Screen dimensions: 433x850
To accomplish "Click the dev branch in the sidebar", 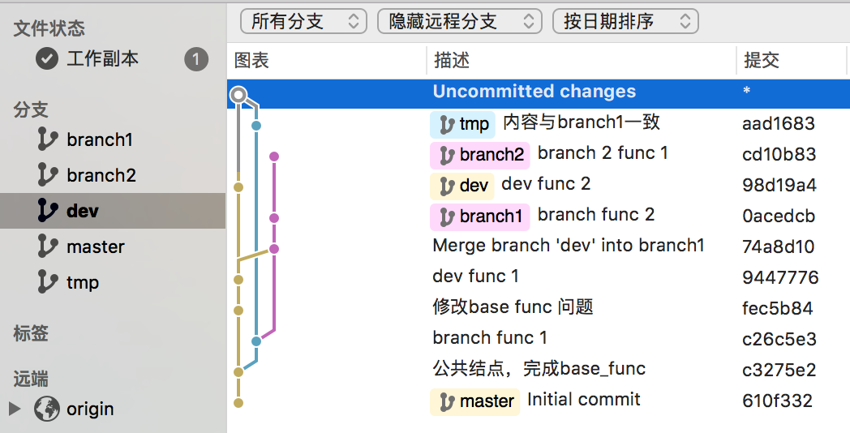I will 82,211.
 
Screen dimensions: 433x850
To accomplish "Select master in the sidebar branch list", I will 95,247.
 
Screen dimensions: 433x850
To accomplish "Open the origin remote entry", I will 89,409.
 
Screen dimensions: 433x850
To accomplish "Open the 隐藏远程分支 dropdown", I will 459,21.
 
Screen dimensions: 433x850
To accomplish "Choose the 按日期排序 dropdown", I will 625,21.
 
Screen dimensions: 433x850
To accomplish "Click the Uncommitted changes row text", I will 534,92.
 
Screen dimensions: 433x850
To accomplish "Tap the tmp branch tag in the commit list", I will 463,124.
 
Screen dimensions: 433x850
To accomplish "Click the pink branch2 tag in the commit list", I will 480,154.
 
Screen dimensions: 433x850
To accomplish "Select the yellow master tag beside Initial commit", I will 476,401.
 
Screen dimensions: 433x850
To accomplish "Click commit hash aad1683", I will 778,124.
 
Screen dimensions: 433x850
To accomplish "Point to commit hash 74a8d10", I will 778,247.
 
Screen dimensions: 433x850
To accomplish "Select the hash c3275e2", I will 779,370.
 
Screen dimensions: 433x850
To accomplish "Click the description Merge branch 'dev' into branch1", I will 569,246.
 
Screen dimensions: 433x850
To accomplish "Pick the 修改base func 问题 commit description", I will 513,307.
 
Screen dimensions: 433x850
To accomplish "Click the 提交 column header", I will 762,61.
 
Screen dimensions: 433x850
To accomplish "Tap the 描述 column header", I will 452,61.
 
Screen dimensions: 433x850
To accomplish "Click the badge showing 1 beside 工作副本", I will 195,59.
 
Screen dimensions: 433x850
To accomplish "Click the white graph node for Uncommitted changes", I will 238,96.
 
